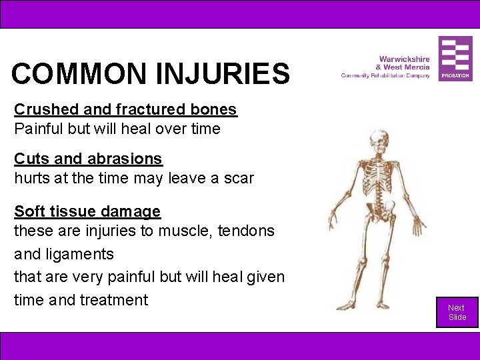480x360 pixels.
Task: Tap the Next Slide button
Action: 457,312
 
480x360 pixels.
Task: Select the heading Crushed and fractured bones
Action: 125,109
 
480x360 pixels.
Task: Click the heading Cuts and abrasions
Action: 88,159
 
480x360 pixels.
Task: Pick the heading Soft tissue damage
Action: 87,211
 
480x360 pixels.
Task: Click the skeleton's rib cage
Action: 378,177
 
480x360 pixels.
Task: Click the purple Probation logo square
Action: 455,59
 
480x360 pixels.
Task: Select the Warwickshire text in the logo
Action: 404,59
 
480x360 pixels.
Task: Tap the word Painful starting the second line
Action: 38,129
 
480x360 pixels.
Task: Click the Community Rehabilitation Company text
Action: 385,75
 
